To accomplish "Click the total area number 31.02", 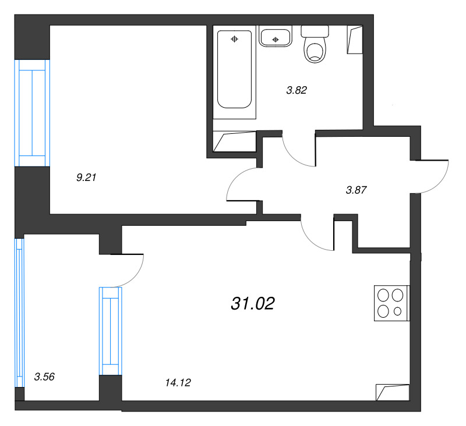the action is click(x=253, y=304).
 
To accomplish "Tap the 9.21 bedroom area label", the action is click(x=86, y=177).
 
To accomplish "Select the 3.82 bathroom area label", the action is click(x=296, y=90).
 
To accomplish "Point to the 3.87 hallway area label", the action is click(x=356, y=190).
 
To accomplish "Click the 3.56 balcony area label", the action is click(x=44, y=377).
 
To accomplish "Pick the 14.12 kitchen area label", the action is click(x=178, y=383).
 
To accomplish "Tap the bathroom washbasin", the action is click(x=275, y=36).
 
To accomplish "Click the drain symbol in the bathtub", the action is click(x=235, y=39).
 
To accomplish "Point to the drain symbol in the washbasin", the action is click(x=276, y=40).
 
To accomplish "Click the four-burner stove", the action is click(x=391, y=303).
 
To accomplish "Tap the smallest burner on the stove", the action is click(x=397, y=311).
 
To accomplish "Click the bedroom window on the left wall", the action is click(x=32, y=113).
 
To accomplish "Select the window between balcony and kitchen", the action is click(x=111, y=331).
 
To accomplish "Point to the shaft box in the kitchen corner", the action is click(x=393, y=392).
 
